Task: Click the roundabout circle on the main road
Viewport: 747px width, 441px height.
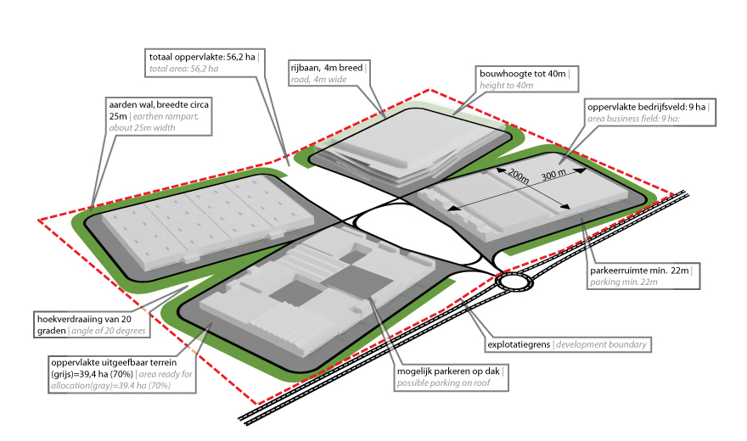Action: (x=514, y=282)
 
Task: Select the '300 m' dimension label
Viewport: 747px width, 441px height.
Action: (x=553, y=175)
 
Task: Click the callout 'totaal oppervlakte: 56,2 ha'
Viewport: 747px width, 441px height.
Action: (x=205, y=63)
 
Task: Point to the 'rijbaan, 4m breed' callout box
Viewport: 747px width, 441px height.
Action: (x=329, y=73)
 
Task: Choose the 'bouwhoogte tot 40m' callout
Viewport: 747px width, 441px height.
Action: (x=527, y=79)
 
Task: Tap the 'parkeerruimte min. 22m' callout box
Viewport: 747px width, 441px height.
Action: (x=643, y=276)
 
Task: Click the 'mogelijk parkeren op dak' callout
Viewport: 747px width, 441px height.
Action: (x=451, y=377)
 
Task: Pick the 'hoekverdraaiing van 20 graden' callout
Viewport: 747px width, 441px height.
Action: (x=92, y=325)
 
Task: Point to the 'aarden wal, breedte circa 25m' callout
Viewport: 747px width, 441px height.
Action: (x=159, y=116)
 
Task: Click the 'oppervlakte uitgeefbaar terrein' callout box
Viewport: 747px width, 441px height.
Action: (x=121, y=374)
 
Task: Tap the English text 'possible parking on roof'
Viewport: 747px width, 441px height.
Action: (x=443, y=383)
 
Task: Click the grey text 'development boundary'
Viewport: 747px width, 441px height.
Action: (x=601, y=344)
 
